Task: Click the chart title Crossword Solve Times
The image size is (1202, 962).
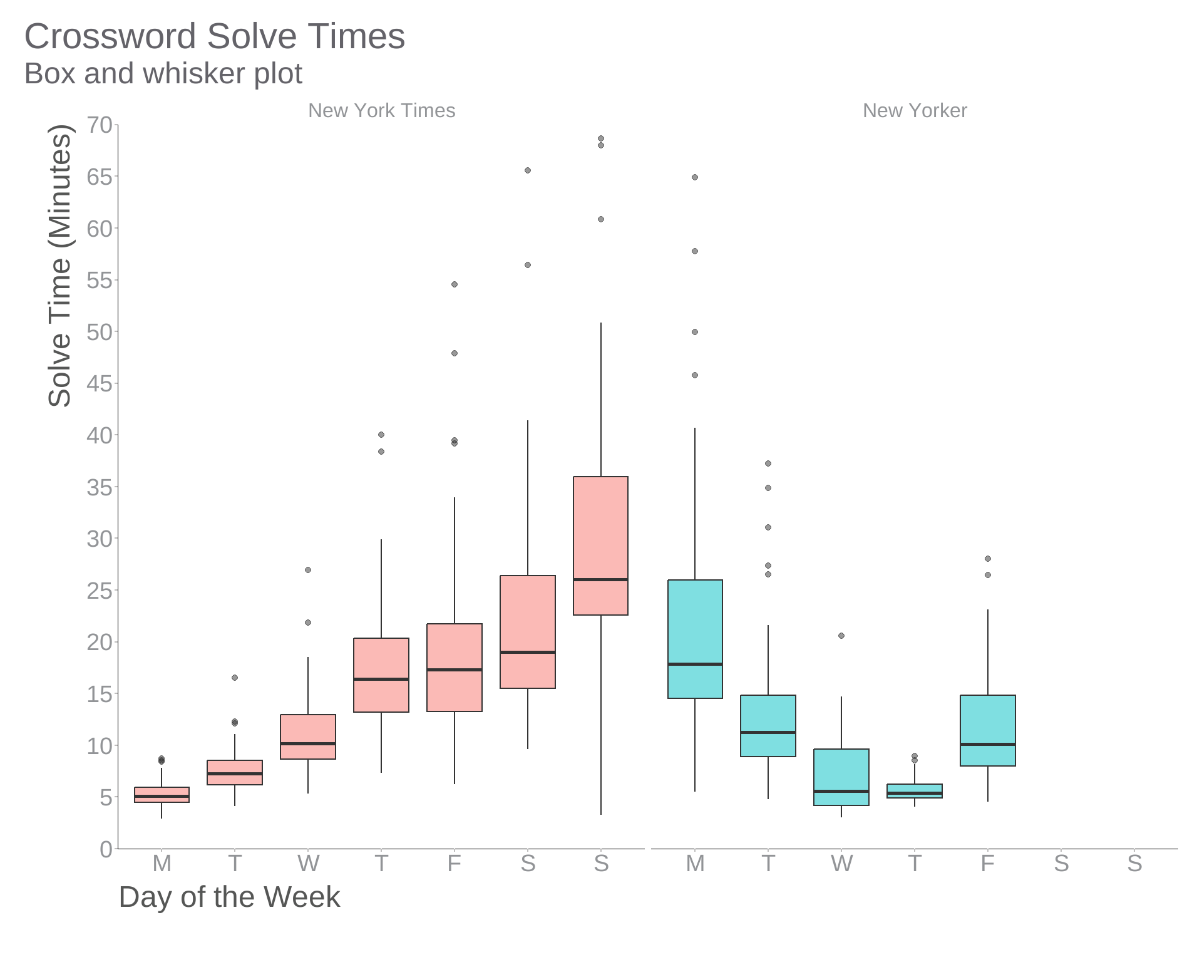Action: click(214, 36)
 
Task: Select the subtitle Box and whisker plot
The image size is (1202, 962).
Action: click(163, 74)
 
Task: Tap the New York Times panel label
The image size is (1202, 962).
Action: click(381, 110)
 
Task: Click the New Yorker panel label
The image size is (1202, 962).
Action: click(914, 110)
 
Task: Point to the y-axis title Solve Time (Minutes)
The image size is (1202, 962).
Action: click(60, 266)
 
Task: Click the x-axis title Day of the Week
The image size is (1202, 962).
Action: click(229, 897)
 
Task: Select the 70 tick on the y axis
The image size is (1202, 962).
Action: click(100, 125)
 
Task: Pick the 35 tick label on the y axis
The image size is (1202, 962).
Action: click(100, 487)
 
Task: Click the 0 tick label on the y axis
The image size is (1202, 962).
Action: click(106, 849)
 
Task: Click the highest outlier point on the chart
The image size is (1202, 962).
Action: click(600, 138)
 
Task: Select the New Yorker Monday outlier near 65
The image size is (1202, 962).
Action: click(695, 177)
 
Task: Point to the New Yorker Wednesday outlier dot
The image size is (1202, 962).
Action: click(841, 636)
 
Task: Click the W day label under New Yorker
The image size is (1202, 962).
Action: click(841, 864)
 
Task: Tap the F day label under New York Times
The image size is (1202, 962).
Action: click(455, 864)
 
